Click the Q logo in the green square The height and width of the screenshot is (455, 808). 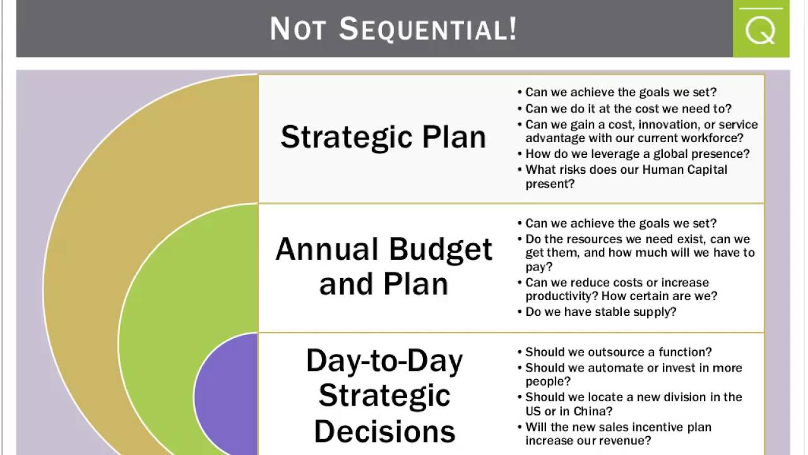tap(760, 30)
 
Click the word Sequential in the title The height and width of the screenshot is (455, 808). tap(428, 29)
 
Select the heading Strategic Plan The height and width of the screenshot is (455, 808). tap(383, 137)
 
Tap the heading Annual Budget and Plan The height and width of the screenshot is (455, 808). tap(384, 266)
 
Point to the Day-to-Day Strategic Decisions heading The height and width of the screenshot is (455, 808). tap(384, 396)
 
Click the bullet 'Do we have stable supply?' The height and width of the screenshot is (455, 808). tap(600, 312)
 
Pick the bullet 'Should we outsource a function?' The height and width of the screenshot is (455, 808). tap(618, 352)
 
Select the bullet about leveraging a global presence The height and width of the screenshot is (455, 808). tap(637, 154)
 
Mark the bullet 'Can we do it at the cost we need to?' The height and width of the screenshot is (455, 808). tap(627, 109)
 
